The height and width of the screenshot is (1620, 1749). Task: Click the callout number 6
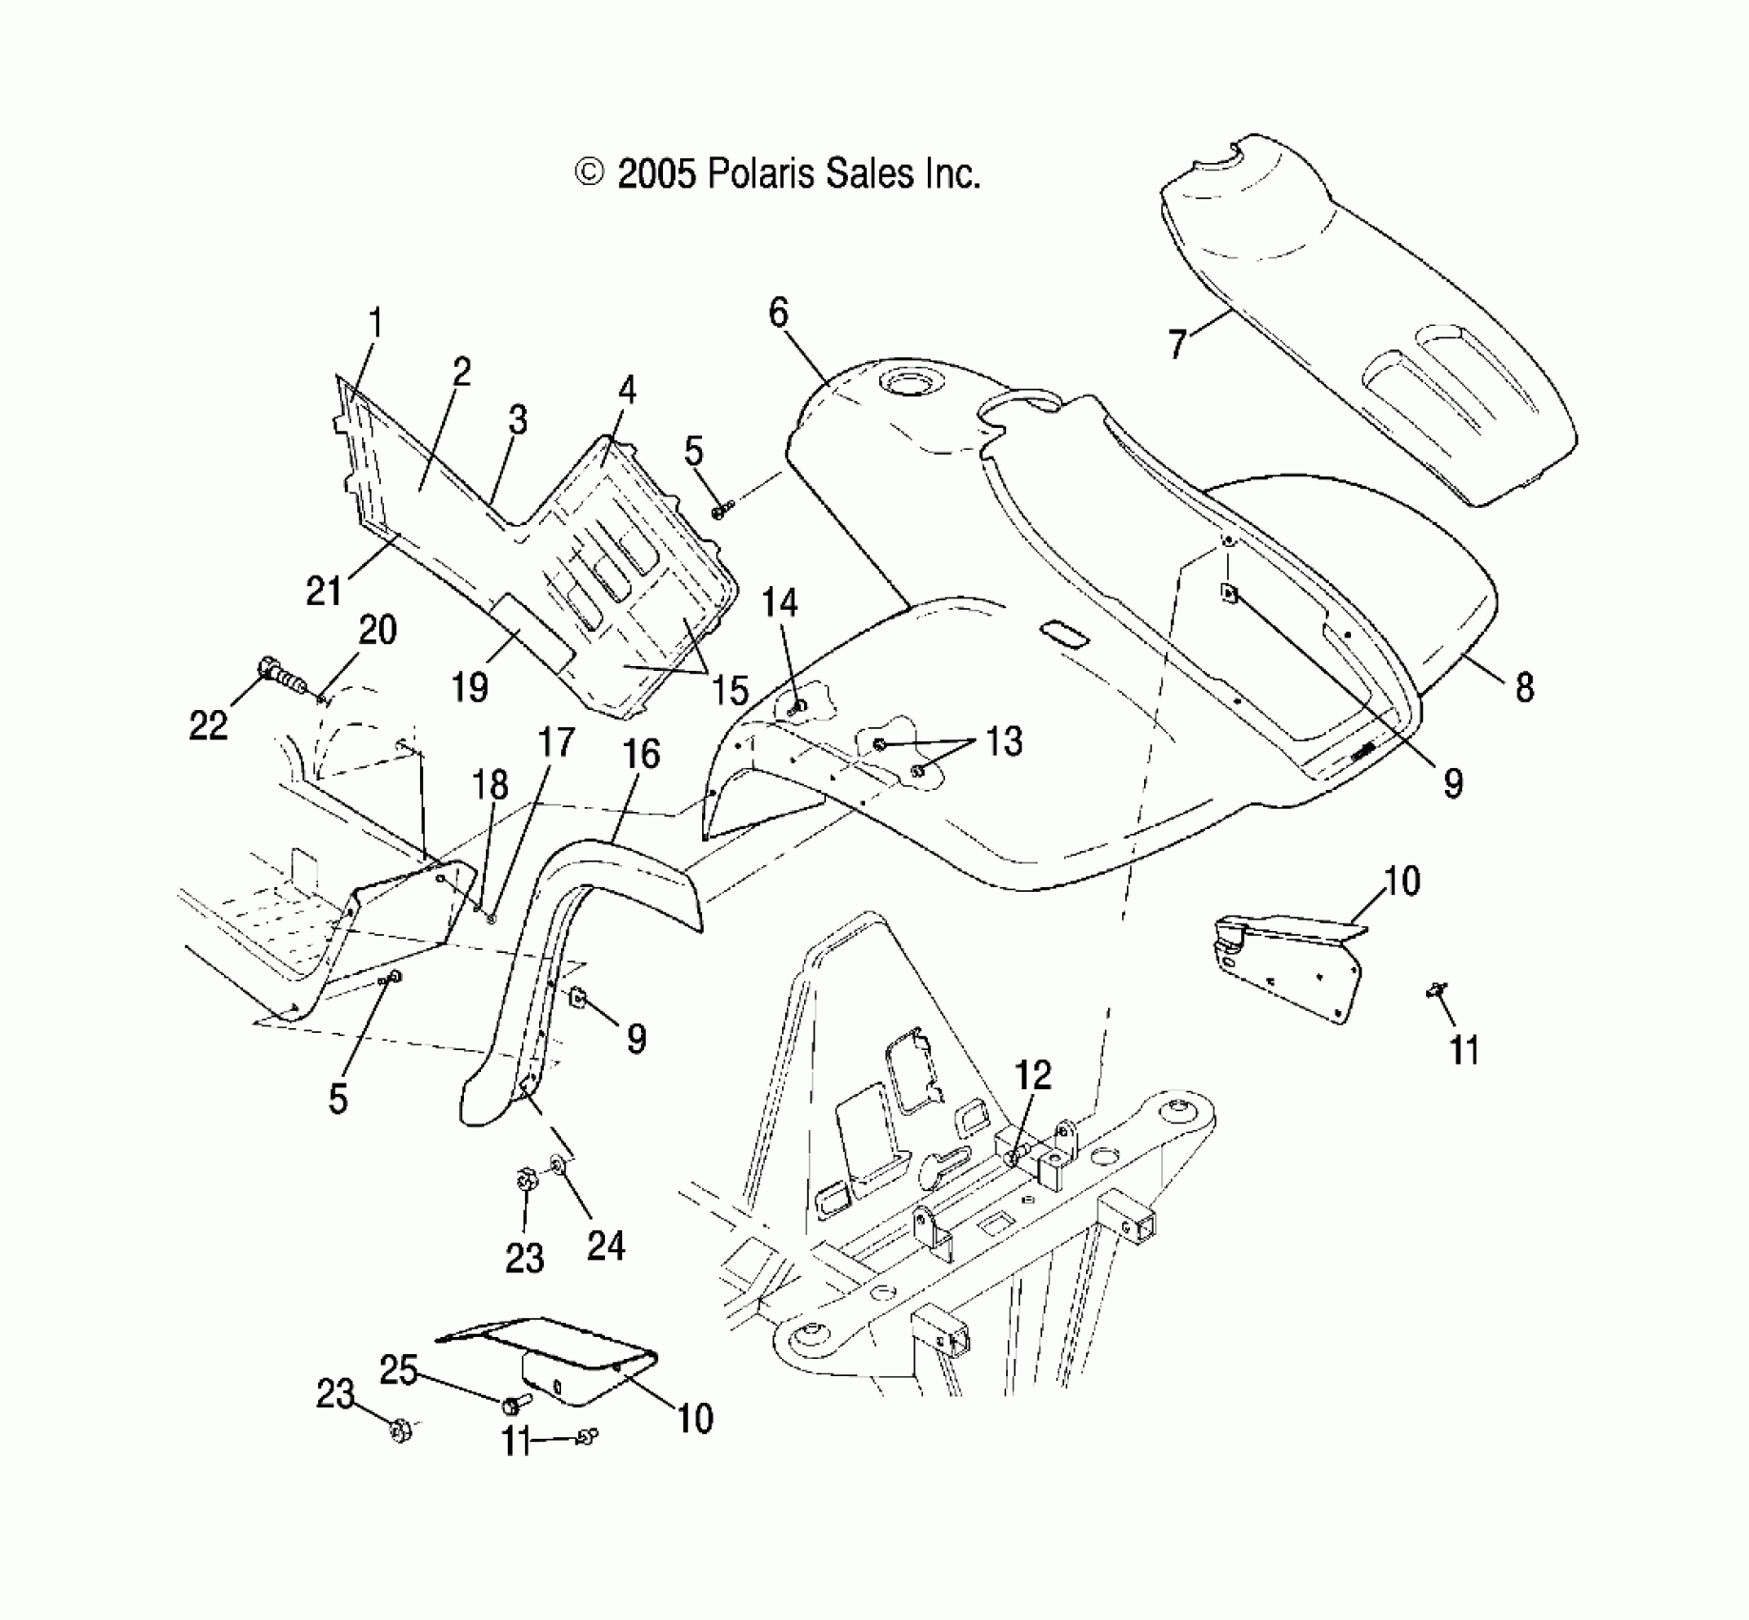[x=778, y=313]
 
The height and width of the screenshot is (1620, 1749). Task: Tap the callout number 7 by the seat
[x=1178, y=342]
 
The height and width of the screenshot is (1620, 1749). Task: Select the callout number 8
[x=1525, y=687]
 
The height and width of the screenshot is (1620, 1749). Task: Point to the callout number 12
[x=1033, y=1074]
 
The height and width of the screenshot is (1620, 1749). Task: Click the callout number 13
[x=1003, y=740]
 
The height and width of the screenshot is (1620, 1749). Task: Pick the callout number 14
[x=780, y=602]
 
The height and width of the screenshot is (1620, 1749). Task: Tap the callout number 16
[x=640, y=754]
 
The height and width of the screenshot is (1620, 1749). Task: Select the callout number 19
[x=470, y=687]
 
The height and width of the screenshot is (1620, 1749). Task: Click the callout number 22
[x=209, y=725]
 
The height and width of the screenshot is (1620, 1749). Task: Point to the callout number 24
[x=606, y=1245]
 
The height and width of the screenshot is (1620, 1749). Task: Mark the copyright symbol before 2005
[x=590, y=172]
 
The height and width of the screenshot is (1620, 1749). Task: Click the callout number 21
[x=324, y=591]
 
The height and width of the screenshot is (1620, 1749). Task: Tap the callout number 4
[x=626, y=390]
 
